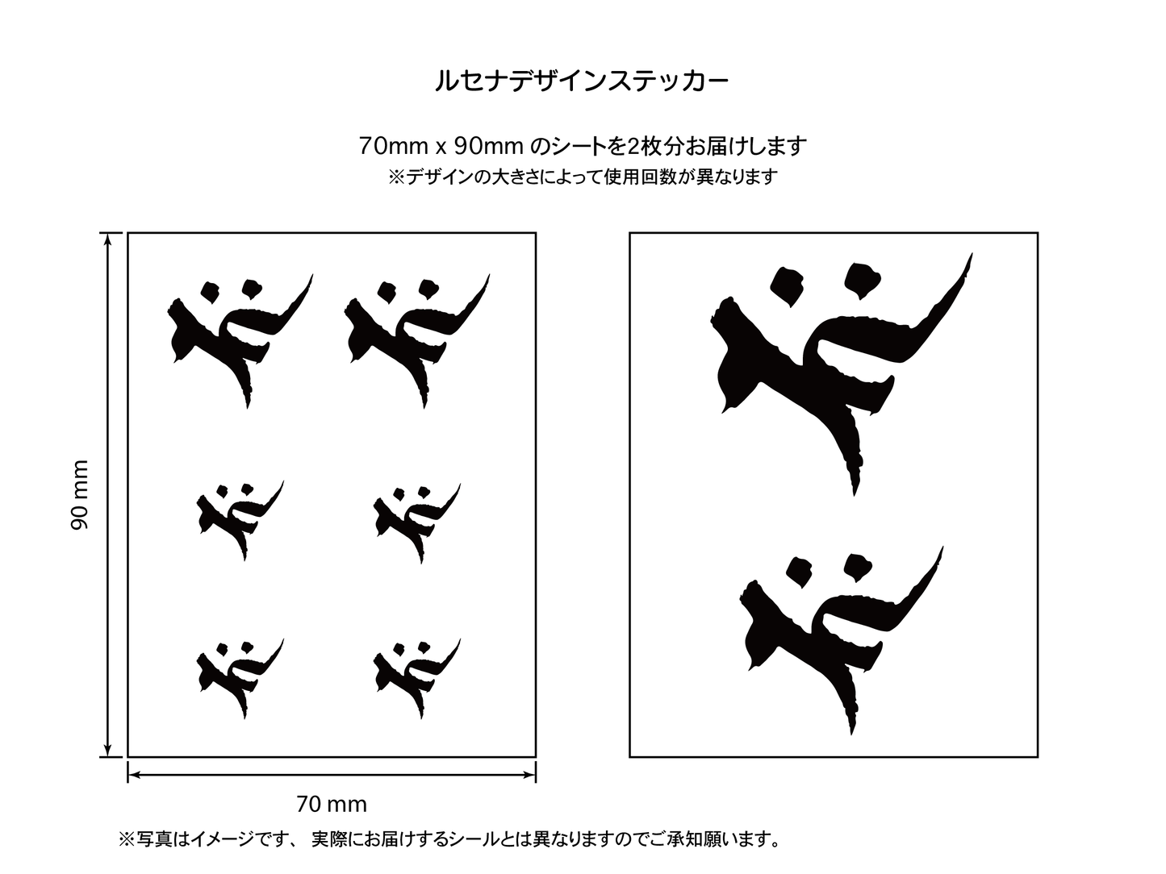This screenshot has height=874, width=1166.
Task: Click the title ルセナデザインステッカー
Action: click(583, 81)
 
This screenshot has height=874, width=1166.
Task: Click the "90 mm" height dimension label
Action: click(80, 494)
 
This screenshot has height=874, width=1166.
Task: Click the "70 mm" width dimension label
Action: click(332, 805)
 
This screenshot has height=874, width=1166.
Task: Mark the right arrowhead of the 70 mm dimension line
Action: click(529, 776)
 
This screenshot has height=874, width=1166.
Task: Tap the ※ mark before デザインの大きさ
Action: click(396, 177)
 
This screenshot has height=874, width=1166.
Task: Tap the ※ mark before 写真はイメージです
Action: click(127, 839)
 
